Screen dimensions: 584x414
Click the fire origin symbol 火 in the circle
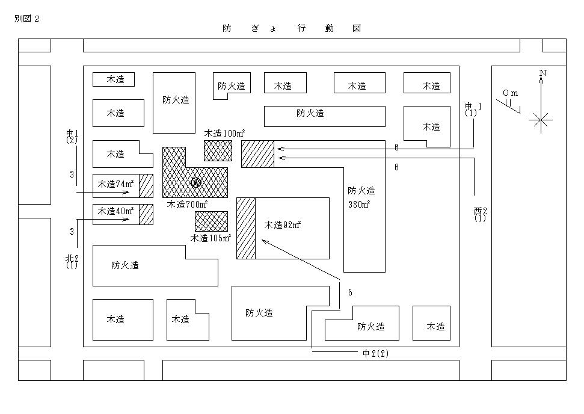tap(196, 182)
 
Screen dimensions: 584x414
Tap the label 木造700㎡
tap(187, 204)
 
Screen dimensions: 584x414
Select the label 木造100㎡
tap(224, 133)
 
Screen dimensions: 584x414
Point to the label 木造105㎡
tap(211, 238)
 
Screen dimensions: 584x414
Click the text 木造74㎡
tap(115, 184)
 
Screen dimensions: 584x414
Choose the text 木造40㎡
tap(115, 211)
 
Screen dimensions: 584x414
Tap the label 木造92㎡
tap(282, 224)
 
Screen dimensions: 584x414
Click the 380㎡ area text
tap(359, 204)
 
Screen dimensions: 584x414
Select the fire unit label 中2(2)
tap(375, 353)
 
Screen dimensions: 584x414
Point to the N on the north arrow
tap(543, 73)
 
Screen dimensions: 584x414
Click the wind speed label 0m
tap(510, 93)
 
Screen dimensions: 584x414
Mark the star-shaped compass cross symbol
tap(541, 120)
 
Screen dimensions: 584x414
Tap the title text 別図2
tap(27, 19)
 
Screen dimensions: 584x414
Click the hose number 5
tap(350, 292)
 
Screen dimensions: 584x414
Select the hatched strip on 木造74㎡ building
tap(146, 186)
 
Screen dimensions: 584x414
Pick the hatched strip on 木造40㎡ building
tap(146, 214)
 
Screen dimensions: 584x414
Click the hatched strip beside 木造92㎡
tap(246, 228)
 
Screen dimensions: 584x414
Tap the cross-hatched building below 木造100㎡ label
tap(218, 151)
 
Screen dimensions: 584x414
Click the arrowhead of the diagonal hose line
tap(264, 241)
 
